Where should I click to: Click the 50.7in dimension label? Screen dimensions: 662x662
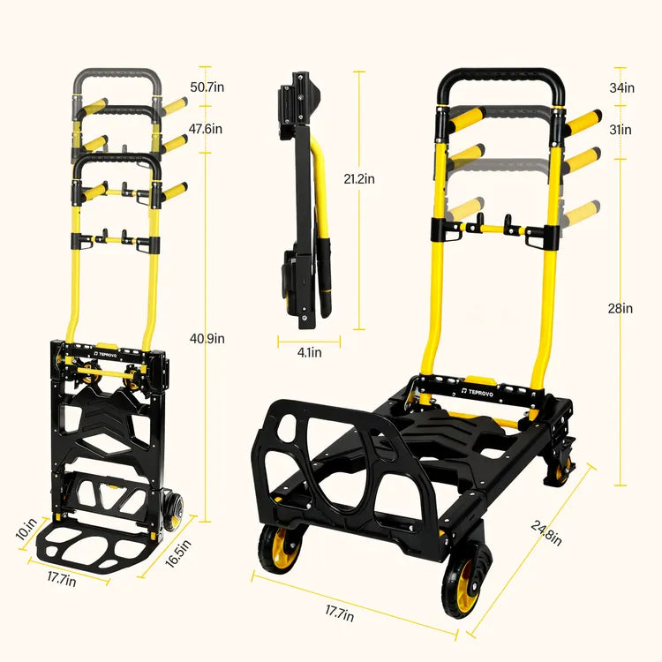tap(207, 87)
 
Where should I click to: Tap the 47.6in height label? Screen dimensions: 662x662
tap(207, 128)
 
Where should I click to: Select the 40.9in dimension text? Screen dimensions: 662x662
tap(207, 338)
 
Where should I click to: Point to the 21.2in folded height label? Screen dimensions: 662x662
tap(358, 178)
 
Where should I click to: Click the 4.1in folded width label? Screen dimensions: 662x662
tap(309, 353)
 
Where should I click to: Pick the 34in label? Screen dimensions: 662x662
tap(621, 87)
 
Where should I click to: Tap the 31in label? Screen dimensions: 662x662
tap(621, 130)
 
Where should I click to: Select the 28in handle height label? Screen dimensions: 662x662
tap(621, 308)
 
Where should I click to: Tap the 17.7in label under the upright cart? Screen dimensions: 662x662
tap(86, 580)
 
